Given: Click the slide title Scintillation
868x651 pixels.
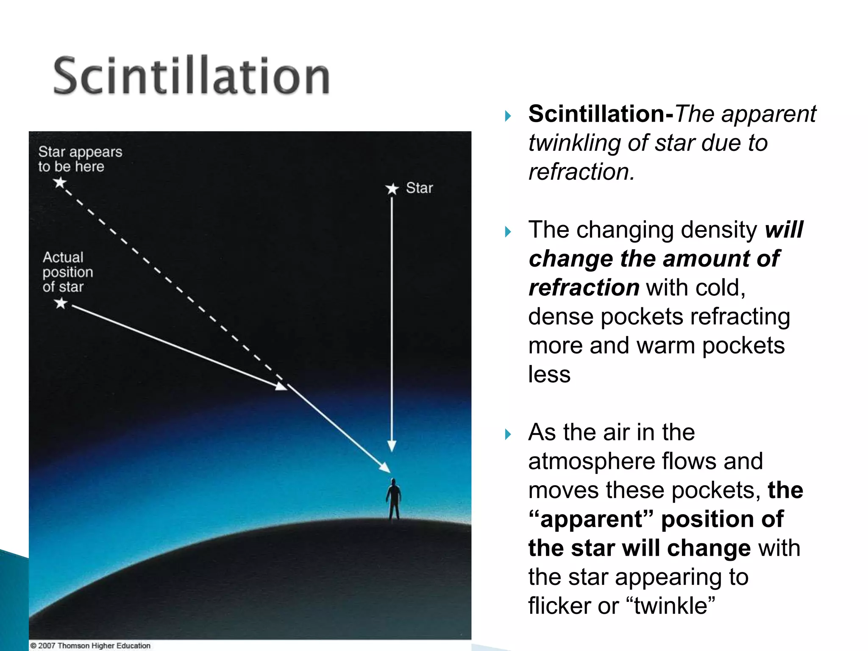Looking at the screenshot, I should (192, 76).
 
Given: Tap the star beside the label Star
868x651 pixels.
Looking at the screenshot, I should (392, 189).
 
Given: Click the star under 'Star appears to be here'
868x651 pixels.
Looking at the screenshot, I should (60, 183).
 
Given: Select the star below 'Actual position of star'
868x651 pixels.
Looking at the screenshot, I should (61, 303).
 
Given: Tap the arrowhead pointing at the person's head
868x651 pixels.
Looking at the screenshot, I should (384, 467).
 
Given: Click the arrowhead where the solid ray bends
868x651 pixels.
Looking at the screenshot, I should (281, 386).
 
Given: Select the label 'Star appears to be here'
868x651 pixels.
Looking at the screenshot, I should (80, 159).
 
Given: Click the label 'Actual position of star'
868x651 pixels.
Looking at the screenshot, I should (67, 272).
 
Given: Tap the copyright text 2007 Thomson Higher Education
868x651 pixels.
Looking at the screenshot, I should (90, 645).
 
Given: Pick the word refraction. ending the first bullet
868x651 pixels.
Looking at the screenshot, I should (581, 172).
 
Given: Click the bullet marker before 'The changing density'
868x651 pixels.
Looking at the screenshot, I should (508, 231).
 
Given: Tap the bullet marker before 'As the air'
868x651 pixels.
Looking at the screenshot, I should (508, 434).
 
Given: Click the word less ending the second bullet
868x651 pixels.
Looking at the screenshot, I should (549, 375).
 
